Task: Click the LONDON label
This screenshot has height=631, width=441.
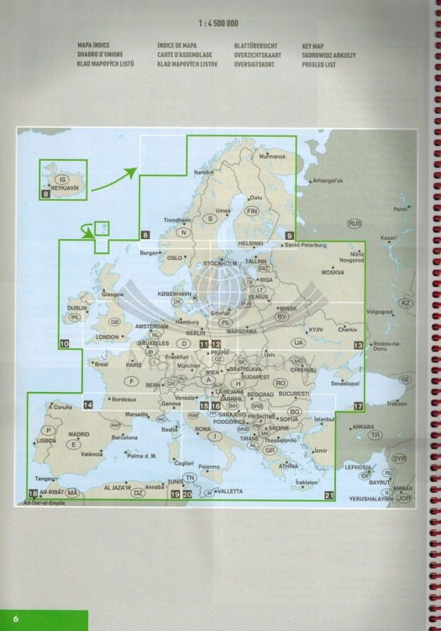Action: [108, 337]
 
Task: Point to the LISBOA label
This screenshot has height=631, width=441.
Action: [46, 440]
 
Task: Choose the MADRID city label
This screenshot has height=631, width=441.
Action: [79, 434]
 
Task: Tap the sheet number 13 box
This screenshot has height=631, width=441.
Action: [359, 345]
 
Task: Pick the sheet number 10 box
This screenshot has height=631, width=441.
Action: [65, 344]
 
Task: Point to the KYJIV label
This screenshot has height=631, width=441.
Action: [316, 330]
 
